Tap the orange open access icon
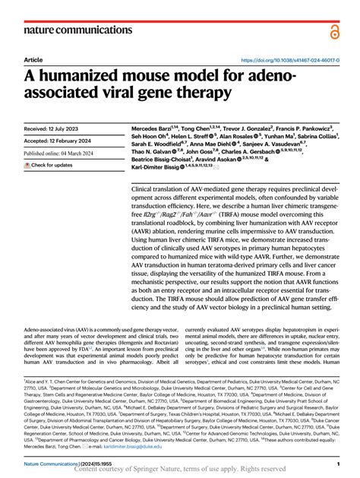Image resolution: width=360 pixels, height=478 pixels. pos(335,30)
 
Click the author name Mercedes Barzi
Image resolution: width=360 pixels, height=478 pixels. pos(155,129)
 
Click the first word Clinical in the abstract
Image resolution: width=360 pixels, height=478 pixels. pos(145,188)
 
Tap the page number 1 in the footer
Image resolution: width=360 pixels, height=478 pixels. pos(337,463)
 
